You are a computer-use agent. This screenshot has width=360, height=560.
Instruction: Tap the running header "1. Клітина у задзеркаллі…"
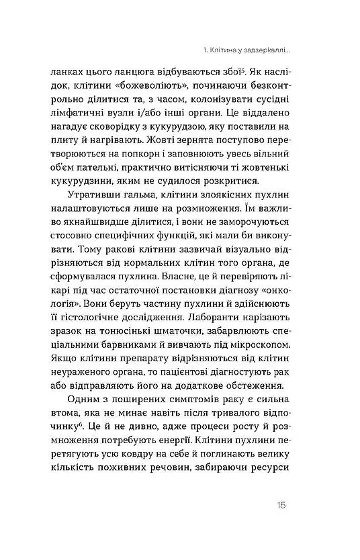coord(251,49)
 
